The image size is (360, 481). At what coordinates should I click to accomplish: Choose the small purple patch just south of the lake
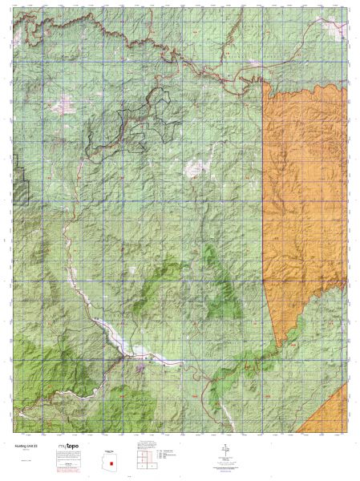tap(141, 368)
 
